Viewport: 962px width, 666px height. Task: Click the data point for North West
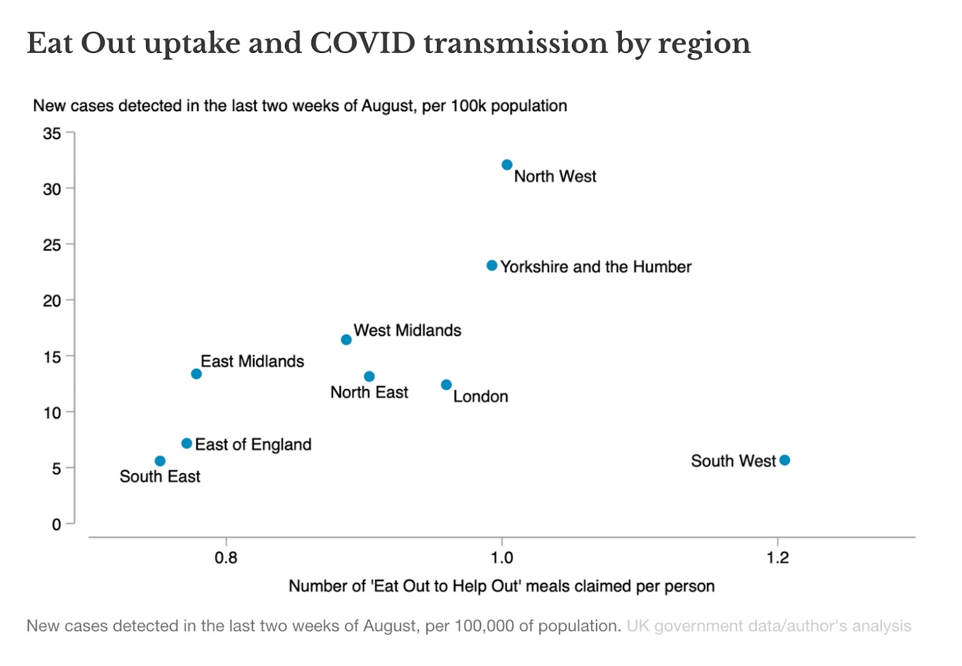pos(507,165)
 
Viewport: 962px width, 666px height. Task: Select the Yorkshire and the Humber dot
pos(492,266)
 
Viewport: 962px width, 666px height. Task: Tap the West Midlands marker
pos(346,340)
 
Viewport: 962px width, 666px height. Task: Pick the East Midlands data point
pos(196,374)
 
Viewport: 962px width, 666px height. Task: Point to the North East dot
pos(369,377)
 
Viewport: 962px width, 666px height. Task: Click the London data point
pos(446,385)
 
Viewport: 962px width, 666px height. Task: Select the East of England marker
pos(186,444)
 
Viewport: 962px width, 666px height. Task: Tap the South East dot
pos(160,461)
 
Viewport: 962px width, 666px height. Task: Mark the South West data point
pos(785,460)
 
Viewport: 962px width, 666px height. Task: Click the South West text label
pos(733,461)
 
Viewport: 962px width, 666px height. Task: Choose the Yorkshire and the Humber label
pos(596,267)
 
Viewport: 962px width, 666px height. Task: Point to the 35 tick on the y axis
pos(52,133)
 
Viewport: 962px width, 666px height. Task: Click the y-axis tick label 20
pos(52,301)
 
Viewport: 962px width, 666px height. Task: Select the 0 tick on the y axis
pos(56,525)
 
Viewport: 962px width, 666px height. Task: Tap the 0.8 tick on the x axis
pos(226,558)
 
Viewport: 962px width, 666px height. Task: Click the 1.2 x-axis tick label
pos(777,558)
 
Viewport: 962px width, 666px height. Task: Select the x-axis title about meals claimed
pos(501,586)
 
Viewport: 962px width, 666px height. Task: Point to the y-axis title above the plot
pos(300,106)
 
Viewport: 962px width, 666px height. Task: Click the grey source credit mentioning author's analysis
pos(768,626)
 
